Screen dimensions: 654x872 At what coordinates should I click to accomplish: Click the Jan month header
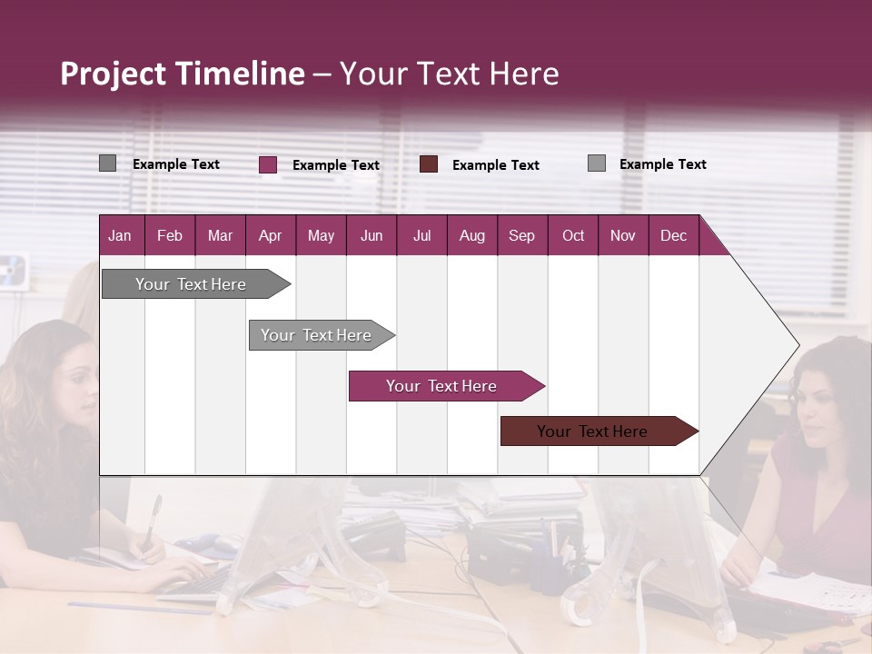120,235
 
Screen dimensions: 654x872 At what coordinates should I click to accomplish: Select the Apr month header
270,235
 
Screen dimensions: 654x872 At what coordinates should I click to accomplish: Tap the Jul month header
421,235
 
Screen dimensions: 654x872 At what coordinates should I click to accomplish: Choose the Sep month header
521,235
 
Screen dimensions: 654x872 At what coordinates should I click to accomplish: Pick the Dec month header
673,235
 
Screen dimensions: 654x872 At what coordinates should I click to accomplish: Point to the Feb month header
170,235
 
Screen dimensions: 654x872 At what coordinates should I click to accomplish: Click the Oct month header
573,235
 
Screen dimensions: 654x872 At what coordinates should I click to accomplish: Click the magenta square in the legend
268,164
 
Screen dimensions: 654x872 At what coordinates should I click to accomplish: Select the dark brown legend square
429,164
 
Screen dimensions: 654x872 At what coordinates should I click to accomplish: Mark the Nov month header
623,235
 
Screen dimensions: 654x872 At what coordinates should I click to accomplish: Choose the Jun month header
372,235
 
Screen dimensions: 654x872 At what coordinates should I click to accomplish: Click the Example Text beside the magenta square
335,165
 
